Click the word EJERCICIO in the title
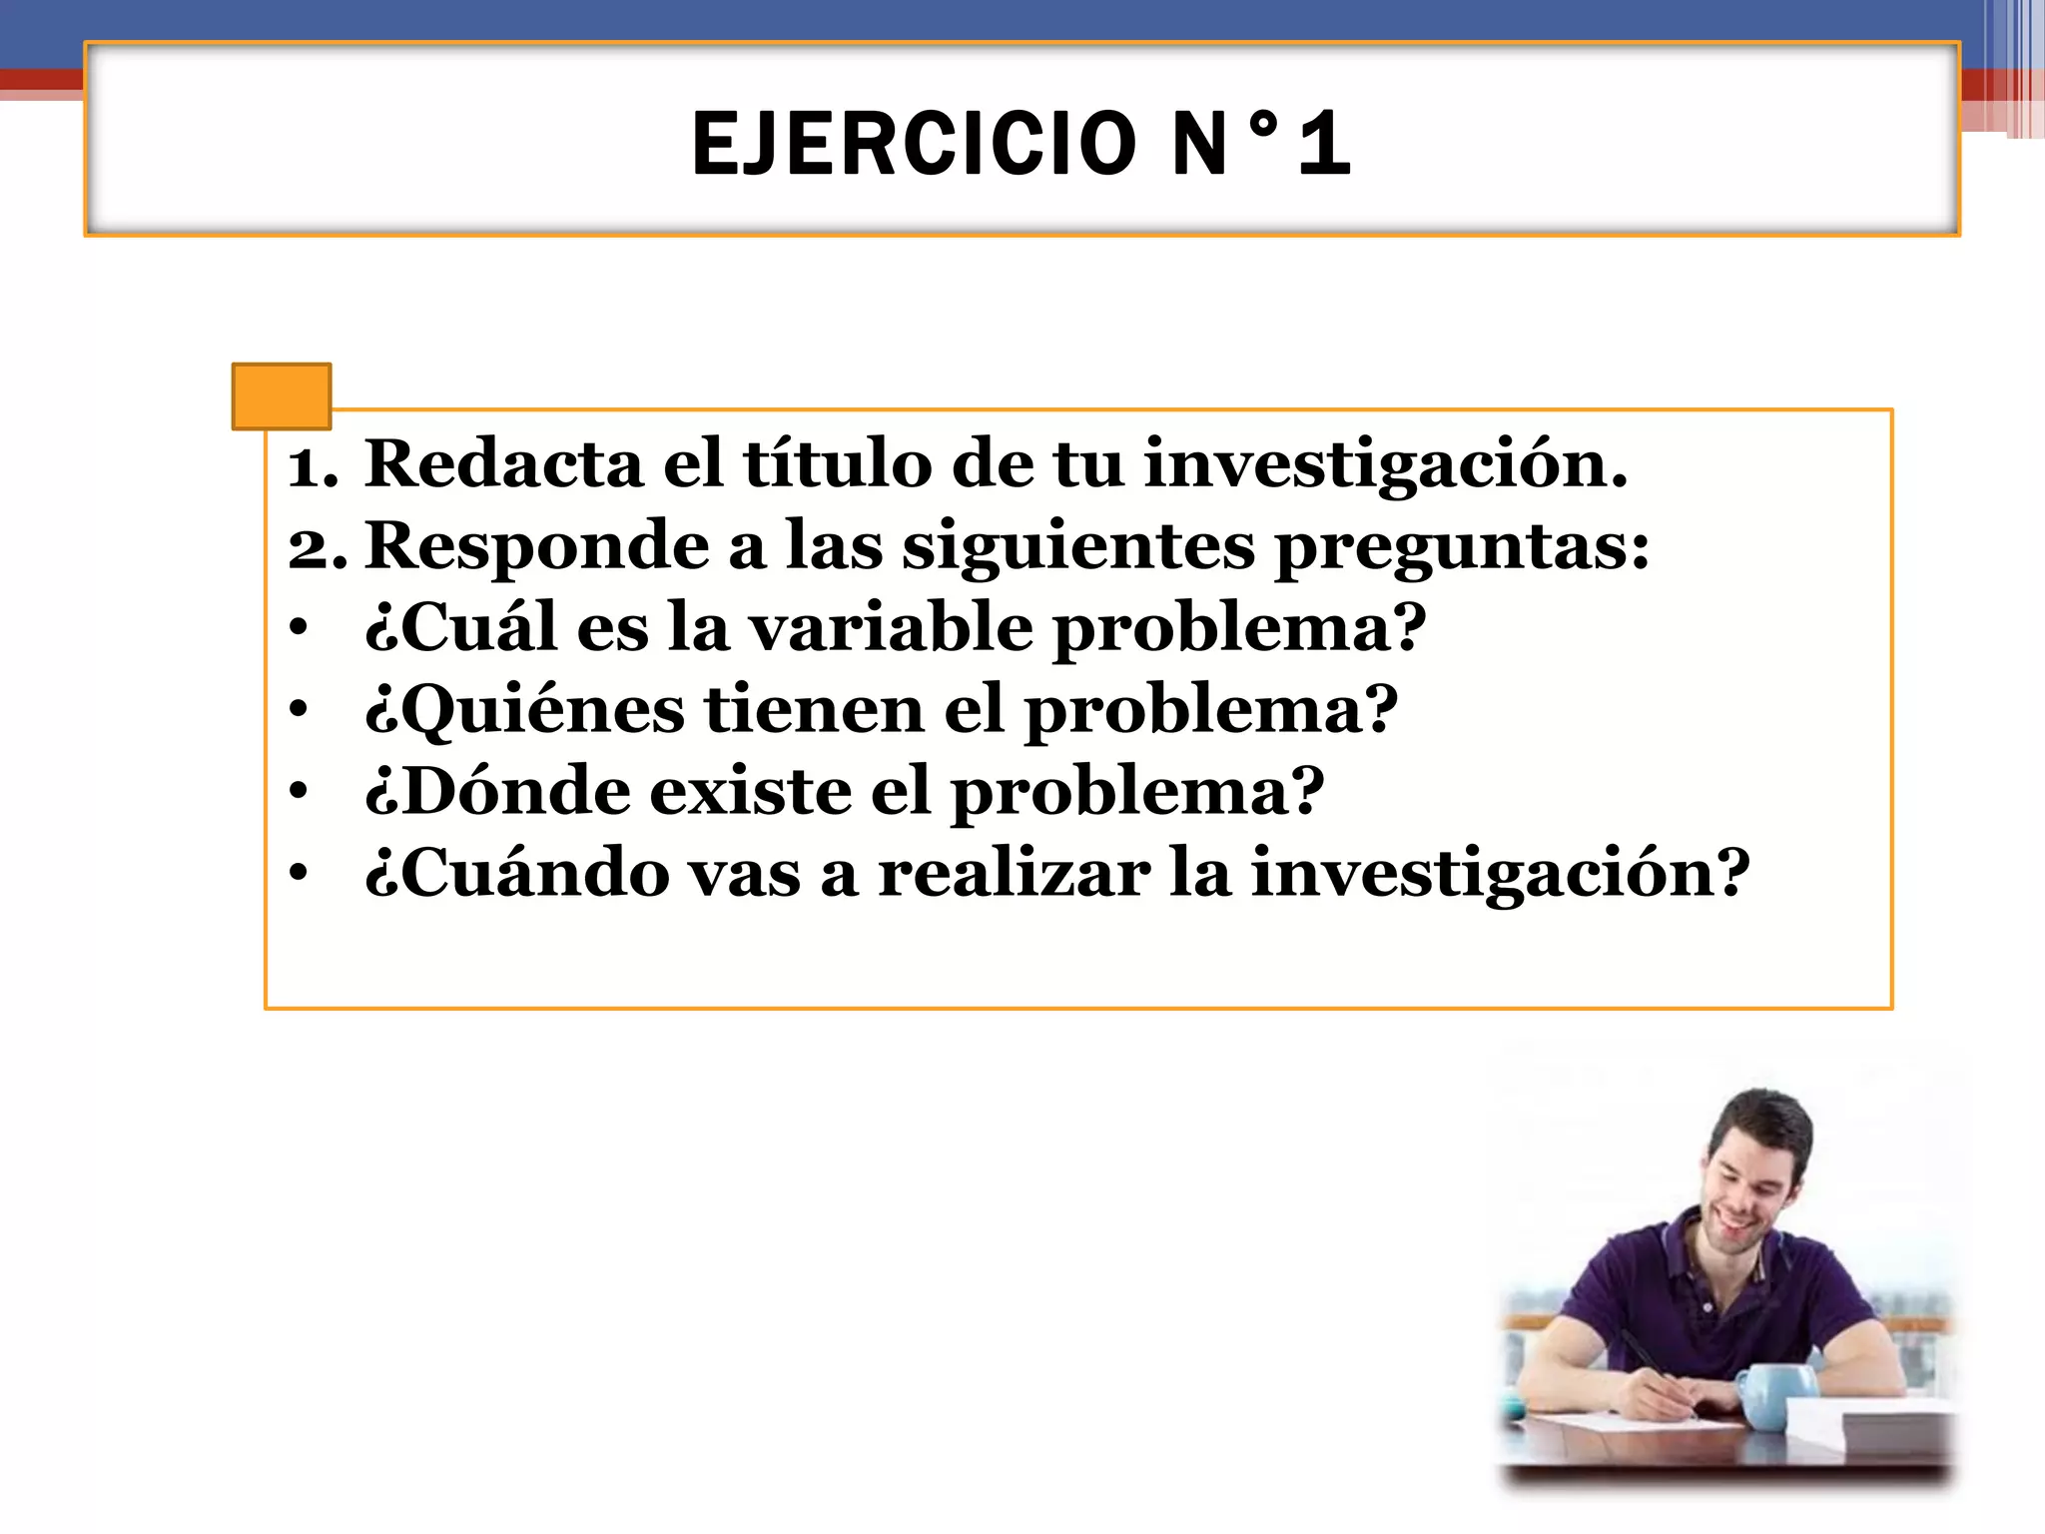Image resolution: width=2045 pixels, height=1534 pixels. (x=914, y=145)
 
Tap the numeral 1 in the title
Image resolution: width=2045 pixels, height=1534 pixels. (x=1325, y=145)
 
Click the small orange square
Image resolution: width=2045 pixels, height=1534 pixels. (x=282, y=396)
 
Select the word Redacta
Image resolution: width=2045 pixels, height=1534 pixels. (x=503, y=464)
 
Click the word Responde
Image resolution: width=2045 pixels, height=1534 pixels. (x=537, y=546)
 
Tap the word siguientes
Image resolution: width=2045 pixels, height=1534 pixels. (x=1078, y=546)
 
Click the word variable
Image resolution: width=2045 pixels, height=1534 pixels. (x=891, y=628)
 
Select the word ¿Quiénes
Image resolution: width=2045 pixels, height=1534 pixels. (x=525, y=711)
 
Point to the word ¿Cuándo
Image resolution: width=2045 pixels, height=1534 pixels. (x=517, y=874)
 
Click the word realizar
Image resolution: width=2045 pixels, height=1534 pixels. (x=1014, y=874)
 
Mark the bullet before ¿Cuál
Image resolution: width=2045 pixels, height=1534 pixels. (x=298, y=630)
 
